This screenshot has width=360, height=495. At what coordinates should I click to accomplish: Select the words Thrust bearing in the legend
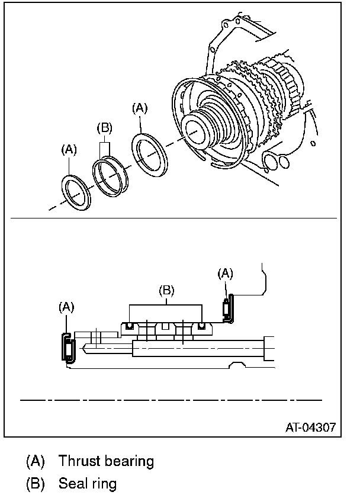(106, 461)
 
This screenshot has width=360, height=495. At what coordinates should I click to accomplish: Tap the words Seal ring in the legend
(87, 483)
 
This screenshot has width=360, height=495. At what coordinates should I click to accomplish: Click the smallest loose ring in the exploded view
(76, 191)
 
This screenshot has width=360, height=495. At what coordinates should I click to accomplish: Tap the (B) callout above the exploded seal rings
(105, 128)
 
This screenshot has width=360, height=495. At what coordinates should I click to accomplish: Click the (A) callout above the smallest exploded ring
(69, 150)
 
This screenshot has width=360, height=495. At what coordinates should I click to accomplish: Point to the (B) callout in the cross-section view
(167, 290)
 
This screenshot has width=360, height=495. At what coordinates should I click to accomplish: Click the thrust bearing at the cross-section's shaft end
(67, 347)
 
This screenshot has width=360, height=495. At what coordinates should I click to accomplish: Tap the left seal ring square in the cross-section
(128, 326)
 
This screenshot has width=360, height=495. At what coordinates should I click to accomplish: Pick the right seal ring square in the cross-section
(202, 326)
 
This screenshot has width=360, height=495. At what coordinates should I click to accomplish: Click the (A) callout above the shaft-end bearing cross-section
(66, 307)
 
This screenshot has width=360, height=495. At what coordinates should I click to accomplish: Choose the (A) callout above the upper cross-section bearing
(226, 273)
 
